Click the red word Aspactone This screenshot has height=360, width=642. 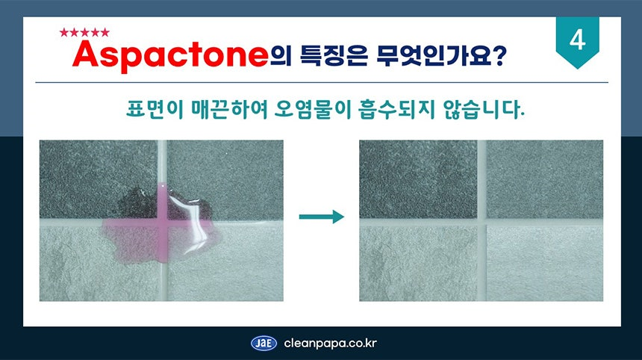pos(170,55)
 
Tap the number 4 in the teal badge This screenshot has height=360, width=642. pos(577,40)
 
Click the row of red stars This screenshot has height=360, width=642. pos(84,32)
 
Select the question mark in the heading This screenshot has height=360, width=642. pos(499,55)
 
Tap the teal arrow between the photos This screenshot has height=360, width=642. pos(322,217)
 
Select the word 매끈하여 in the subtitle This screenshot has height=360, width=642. pos(229,109)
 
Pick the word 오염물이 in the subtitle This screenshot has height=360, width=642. pos(311,109)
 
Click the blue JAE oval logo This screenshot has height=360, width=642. pos(264,344)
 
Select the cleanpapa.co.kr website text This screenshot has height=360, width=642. pos(330,344)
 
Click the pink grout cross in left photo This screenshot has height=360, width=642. pos(163,223)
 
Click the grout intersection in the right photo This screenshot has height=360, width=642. pos(481,222)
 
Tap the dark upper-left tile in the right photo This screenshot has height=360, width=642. pos(418,179)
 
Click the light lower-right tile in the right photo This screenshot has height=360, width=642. pos(544,263)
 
